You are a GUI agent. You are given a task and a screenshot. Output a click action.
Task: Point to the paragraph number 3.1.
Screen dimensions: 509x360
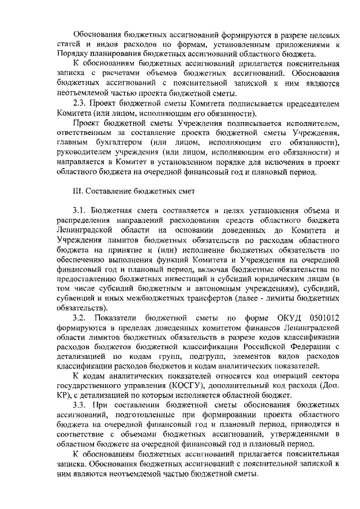click(83, 210)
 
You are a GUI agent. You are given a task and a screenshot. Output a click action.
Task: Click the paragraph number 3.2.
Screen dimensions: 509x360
click(83, 318)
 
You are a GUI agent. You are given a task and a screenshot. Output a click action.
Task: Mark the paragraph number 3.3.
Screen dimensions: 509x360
click(83, 405)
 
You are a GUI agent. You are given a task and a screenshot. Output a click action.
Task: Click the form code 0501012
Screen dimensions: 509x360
click(319, 318)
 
